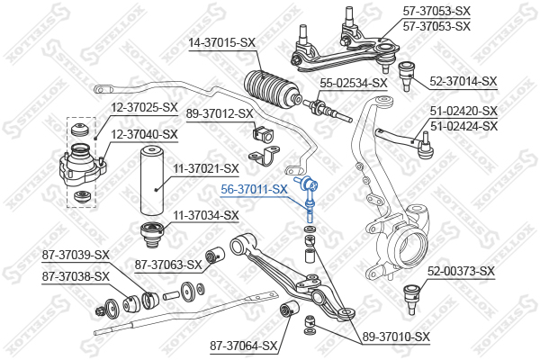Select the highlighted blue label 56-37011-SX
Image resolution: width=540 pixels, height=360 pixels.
tap(255, 189)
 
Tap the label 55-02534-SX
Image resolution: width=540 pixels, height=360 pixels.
tap(354, 83)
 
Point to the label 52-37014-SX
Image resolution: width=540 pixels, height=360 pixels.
tap(463, 81)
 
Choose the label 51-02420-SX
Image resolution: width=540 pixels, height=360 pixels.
tap(463, 111)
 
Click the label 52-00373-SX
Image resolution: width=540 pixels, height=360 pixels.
tap(462, 271)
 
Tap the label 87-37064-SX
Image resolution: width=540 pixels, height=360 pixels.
tap(243, 345)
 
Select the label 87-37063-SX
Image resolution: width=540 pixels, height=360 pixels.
tap(167, 265)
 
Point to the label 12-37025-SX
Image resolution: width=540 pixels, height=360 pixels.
tap(144, 107)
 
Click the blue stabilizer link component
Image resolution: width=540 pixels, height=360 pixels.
tap(310, 197)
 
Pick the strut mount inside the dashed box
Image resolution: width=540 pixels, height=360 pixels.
tap(81, 168)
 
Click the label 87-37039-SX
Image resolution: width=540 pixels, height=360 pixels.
tap(76, 255)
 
